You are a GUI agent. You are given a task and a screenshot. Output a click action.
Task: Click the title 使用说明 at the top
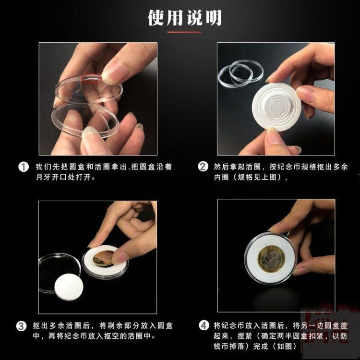click(185, 18)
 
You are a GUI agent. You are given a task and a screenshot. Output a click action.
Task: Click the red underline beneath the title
click(184, 32)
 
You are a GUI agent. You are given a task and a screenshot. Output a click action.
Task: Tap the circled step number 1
click(23, 167)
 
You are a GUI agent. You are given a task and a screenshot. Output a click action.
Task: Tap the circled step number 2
click(203, 167)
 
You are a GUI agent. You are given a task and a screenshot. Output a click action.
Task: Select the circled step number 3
click(21, 326)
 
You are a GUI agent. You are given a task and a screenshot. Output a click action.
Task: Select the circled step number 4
click(204, 325)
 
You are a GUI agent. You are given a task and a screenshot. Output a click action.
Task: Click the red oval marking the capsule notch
click(91, 78)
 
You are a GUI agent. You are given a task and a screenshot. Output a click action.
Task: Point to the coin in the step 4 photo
click(271, 259)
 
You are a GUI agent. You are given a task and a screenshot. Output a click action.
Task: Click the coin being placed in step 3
click(103, 259)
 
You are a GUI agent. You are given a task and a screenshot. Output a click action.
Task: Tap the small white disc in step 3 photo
click(69, 287)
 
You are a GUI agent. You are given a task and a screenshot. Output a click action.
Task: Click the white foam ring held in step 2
click(276, 107)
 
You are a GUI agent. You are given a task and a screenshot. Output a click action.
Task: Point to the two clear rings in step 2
click(240, 73)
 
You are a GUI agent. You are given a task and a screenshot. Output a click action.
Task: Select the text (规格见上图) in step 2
click(258, 177)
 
